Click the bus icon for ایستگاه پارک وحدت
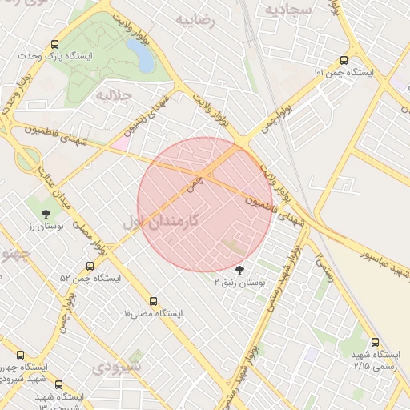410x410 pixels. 54,45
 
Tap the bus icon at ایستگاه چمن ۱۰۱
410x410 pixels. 344,59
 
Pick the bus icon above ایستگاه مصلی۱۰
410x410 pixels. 154,301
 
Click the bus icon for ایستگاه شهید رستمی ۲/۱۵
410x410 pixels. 375,342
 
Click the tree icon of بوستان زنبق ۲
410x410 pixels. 240,270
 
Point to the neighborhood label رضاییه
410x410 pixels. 199,21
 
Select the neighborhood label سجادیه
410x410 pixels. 287,10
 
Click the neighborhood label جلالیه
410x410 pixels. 114,94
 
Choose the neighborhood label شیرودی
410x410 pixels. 116,368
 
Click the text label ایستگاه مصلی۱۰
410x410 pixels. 153,314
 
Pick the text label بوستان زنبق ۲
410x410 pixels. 240,283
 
